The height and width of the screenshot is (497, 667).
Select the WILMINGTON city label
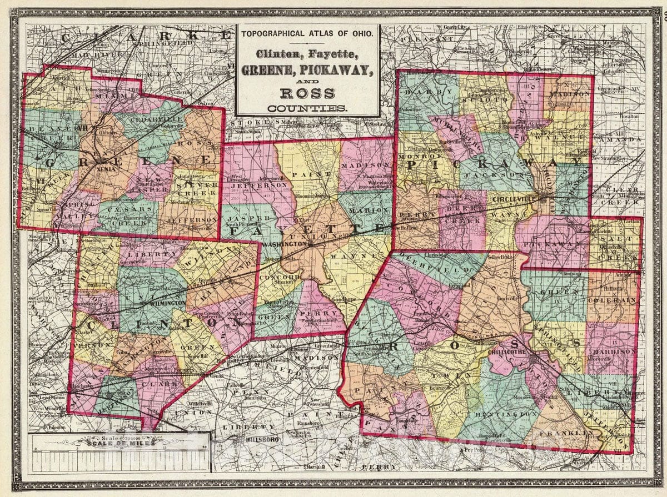click(167, 304)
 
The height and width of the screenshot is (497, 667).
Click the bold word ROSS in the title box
click(307, 93)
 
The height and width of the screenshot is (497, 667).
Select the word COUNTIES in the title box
click(307, 108)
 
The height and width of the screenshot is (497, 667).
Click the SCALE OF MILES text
click(118, 443)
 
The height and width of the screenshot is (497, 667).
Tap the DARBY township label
click(422, 92)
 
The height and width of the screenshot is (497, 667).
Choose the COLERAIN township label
click(614, 300)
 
